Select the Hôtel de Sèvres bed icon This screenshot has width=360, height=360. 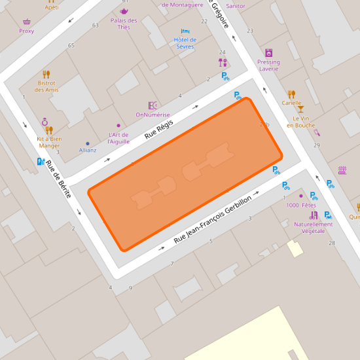pos(185,31)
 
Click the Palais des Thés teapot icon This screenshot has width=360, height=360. pos(124,11)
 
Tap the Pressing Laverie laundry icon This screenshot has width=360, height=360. pos(268,52)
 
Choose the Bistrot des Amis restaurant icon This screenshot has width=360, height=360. pos(46,75)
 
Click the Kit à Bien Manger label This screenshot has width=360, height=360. pos(49,142)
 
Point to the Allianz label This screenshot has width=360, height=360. pos(88,150)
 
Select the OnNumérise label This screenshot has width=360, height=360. pos(153,115)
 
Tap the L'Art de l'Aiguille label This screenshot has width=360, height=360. pos(118,138)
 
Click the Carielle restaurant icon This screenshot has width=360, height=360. pos(291,94)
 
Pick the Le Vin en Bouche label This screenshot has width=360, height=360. pos(300,122)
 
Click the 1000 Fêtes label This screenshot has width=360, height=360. pos(301,206)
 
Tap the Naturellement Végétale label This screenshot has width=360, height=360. pos(313,227)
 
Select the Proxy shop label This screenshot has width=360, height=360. pos(27,31)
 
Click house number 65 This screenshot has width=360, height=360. pos(71,45)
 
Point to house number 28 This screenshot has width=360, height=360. pos(332,243)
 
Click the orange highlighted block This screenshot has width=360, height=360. pos(185,173)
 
